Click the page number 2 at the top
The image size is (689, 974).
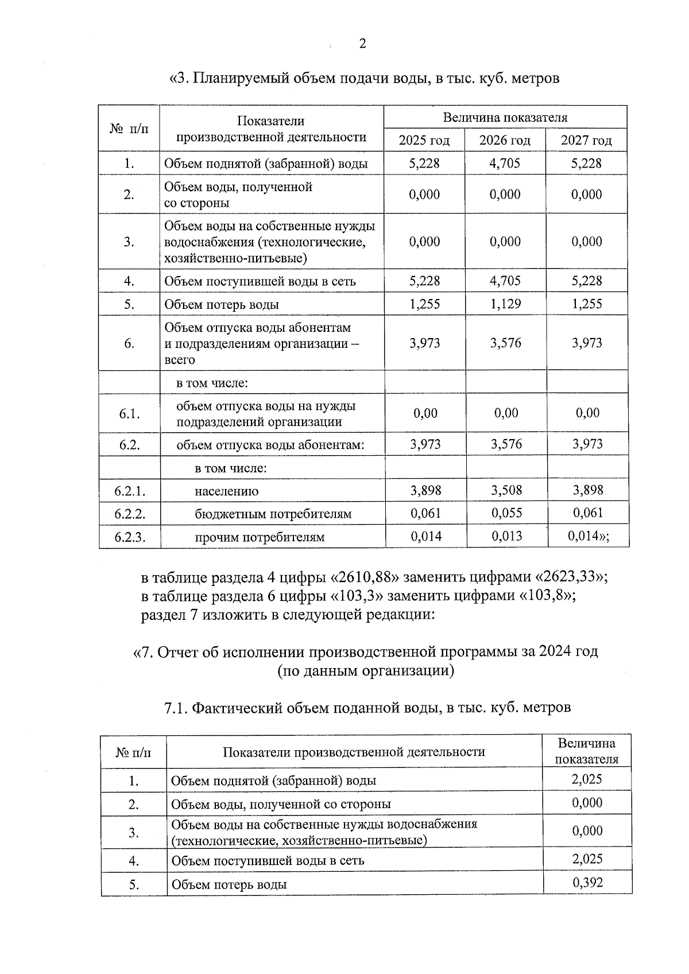[x=362, y=44]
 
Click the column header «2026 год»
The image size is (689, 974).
[x=505, y=141]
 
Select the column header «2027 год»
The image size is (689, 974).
[x=586, y=141]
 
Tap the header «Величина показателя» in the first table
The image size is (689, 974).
[x=505, y=118]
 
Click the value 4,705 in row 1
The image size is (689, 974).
[x=505, y=164]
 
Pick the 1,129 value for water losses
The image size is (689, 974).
[x=505, y=304]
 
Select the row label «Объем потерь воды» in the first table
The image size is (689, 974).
[x=222, y=305]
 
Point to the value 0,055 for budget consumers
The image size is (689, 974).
[x=506, y=513]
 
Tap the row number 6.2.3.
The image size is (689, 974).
[x=130, y=537]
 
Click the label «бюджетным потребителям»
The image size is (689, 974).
[x=273, y=514]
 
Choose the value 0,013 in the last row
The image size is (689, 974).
[x=506, y=537]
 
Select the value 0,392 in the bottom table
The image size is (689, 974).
[x=587, y=883]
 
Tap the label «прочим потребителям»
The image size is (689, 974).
[x=260, y=538]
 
